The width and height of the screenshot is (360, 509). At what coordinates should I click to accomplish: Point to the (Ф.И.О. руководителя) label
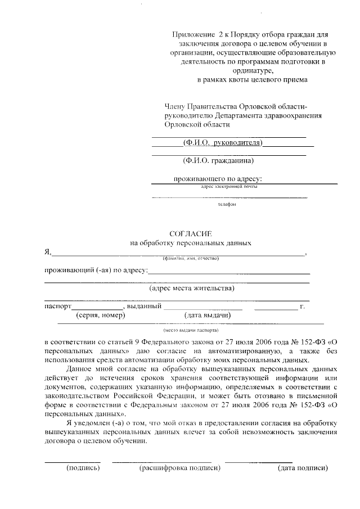pyautogui.click(x=223, y=143)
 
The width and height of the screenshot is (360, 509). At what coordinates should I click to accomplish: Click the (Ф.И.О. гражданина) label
pyautogui.click(x=218, y=160)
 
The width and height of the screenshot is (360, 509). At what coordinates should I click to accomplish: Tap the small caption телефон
pyautogui.click(x=227, y=205)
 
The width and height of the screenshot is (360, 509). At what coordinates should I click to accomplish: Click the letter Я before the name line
pyautogui.click(x=48, y=252)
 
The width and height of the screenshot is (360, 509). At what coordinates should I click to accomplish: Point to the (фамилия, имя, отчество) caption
pyautogui.click(x=190, y=258)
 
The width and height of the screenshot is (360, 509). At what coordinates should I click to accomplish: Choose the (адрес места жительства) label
pyautogui.click(x=192, y=289)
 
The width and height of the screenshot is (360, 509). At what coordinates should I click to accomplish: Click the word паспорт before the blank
pyautogui.click(x=57, y=307)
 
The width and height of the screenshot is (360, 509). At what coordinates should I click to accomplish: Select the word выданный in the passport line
pyautogui.click(x=145, y=307)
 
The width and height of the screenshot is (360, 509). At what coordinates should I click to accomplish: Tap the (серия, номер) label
pyautogui.click(x=101, y=316)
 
